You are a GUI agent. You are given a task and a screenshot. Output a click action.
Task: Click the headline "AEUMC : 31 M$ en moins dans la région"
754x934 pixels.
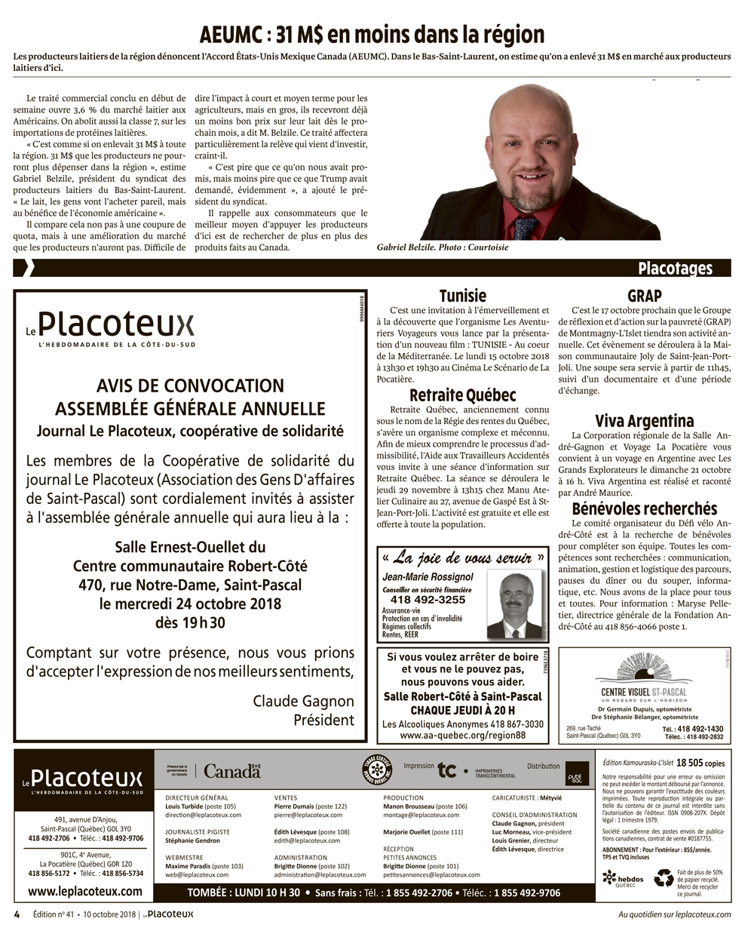tap(372, 34)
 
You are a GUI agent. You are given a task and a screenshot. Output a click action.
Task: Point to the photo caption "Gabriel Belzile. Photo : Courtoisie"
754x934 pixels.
tap(443, 247)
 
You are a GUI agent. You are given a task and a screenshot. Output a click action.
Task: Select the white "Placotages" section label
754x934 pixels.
tap(674, 269)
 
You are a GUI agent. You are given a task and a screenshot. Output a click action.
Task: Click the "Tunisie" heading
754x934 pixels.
tap(463, 296)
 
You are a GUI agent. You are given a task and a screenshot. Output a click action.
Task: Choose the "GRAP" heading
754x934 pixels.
tap(644, 296)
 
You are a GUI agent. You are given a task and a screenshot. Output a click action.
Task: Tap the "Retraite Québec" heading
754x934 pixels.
tap(462, 395)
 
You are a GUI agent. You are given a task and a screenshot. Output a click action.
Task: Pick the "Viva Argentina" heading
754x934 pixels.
tap(644, 421)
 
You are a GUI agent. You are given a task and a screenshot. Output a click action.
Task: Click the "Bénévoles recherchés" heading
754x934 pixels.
tap(644, 508)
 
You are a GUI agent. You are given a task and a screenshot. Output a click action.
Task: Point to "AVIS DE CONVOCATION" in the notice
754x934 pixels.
tap(190, 386)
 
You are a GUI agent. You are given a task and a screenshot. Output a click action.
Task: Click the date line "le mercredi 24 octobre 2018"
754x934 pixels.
tap(190, 604)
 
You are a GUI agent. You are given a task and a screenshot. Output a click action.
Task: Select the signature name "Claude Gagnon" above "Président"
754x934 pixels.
tap(303, 701)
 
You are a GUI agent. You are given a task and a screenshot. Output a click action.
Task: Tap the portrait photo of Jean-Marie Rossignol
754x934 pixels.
tap(514, 604)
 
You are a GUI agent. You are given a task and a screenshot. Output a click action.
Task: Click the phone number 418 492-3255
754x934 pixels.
tap(428, 600)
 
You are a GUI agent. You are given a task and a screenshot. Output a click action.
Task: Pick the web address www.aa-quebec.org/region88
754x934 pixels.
tap(462, 735)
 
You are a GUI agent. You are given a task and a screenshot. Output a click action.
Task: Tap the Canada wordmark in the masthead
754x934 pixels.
tap(231, 772)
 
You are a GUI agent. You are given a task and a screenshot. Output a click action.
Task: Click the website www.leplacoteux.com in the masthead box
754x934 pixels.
tap(84, 891)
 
